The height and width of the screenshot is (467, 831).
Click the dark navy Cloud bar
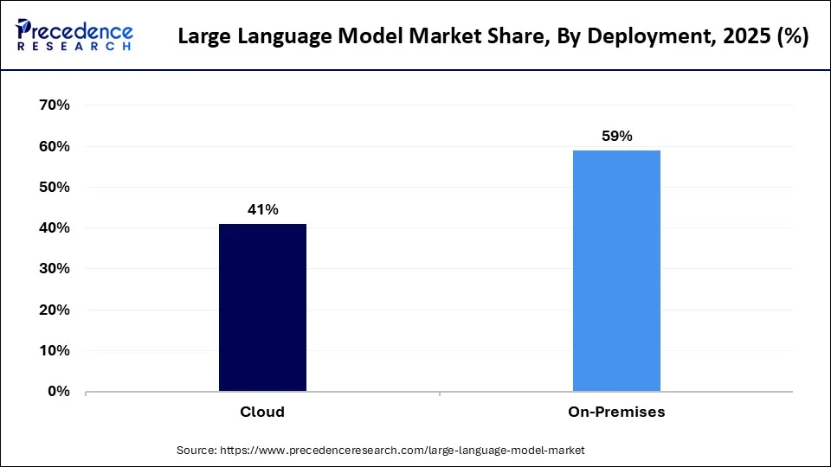pyautogui.click(x=262, y=307)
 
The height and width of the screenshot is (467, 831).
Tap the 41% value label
pyautogui.click(x=262, y=209)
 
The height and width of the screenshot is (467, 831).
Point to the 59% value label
pyautogui.click(x=616, y=136)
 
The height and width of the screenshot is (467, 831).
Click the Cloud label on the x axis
pyautogui.click(x=262, y=412)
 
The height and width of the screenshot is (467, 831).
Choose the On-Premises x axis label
pyautogui.click(x=616, y=412)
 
